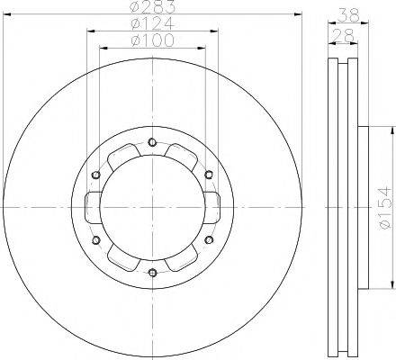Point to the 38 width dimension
click(346, 13)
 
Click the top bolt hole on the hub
click(152, 141)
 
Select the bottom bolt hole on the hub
click(152, 273)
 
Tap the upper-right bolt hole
click(209, 174)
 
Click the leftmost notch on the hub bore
click(94, 207)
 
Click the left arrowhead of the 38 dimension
click(327, 22)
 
